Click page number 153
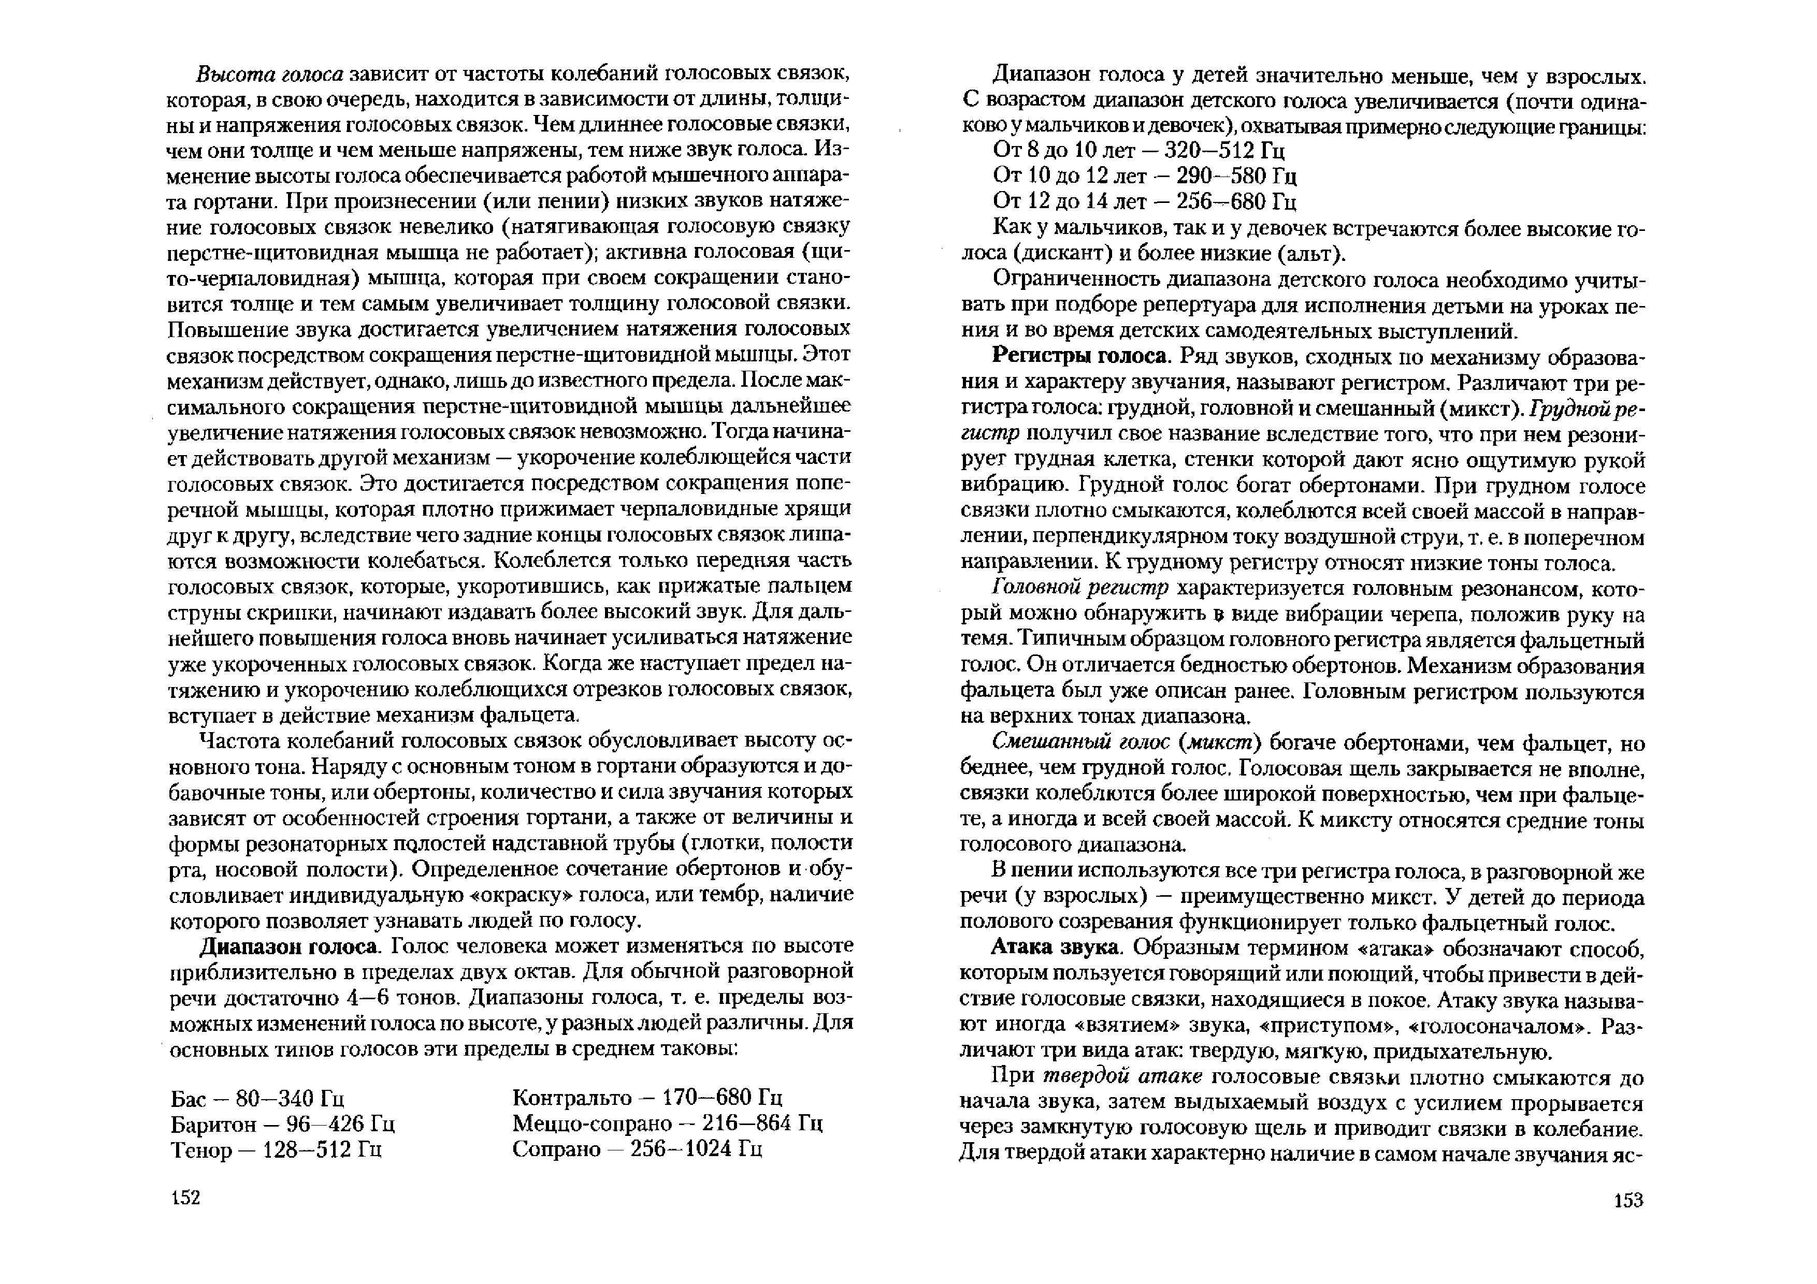coord(1628,1200)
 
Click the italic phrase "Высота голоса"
coord(269,75)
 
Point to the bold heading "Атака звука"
coord(1056,948)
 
